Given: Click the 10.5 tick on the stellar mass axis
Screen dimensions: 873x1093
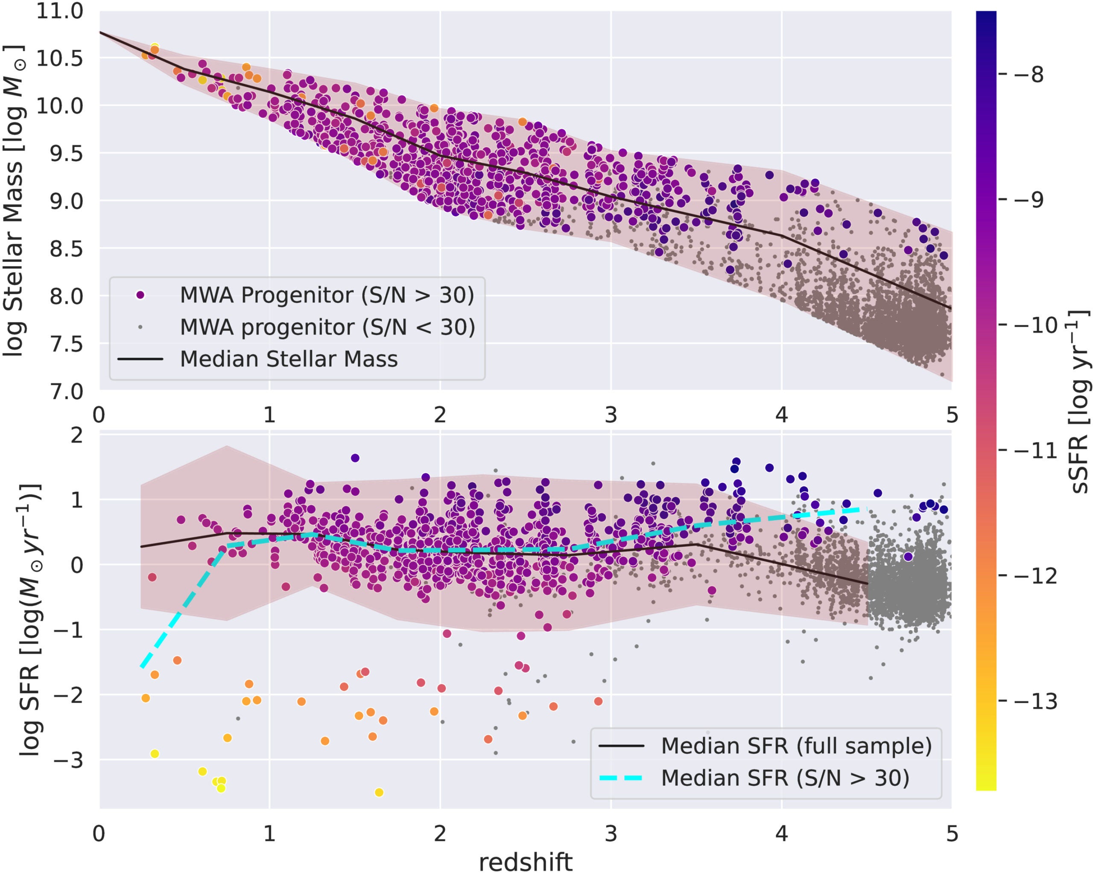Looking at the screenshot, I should click(x=59, y=58).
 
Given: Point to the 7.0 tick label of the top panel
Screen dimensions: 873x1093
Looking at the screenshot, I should click(x=66, y=391).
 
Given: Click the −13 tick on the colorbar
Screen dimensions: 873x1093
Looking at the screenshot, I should click(x=1035, y=701).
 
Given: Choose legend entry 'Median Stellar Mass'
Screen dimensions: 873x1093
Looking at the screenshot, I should click(x=289, y=359).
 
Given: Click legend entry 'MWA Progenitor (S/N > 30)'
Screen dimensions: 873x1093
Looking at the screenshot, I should click(x=327, y=295).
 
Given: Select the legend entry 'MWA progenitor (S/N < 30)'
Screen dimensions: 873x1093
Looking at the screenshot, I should click(x=327, y=327).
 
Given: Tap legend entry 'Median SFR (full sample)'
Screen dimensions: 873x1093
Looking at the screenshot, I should click(x=796, y=746).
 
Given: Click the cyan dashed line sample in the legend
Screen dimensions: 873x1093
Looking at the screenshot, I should click(x=621, y=778).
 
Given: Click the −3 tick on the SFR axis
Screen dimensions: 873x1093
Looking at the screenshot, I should click(x=68, y=760).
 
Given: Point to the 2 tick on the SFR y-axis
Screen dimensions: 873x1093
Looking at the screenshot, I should click(x=77, y=435).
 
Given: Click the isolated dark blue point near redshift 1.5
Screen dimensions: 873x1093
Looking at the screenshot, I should click(x=355, y=458).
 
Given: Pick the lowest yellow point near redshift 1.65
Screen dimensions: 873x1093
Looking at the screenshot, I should click(x=379, y=792).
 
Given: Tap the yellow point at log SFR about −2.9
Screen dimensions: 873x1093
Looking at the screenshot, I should click(x=155, y=754).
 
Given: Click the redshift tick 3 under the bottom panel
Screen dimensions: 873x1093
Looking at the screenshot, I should click(x=611, y=833).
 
